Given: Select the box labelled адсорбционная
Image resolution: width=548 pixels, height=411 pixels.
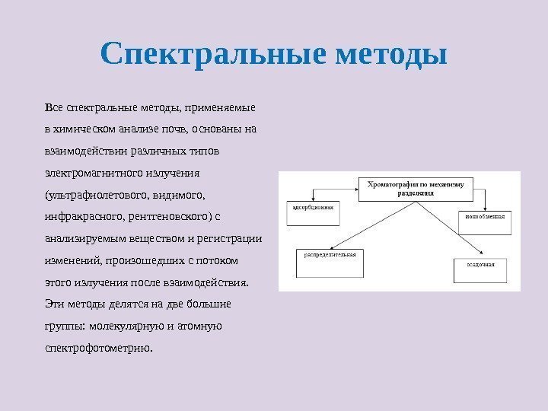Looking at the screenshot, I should point(312,206).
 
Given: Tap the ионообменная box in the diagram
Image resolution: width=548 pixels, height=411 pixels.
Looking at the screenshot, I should point(484,217).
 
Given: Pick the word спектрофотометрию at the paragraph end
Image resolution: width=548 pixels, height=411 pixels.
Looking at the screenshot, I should point(99,349).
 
